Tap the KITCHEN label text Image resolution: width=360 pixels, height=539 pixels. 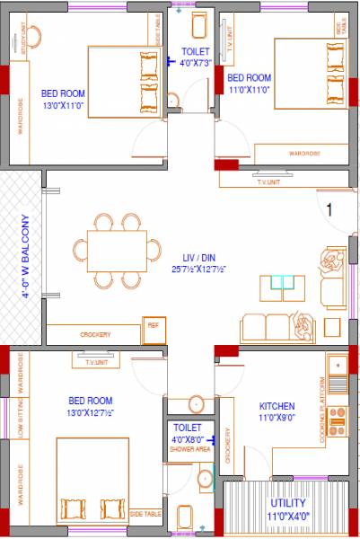277,405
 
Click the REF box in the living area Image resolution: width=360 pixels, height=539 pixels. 153,325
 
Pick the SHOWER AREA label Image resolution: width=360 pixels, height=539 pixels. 189,447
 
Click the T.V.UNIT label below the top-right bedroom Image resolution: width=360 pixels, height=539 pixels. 268,181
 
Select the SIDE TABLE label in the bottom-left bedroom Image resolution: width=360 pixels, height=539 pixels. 146,514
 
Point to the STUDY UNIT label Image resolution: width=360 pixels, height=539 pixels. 22,40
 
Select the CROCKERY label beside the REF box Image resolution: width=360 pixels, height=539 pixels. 95,335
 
